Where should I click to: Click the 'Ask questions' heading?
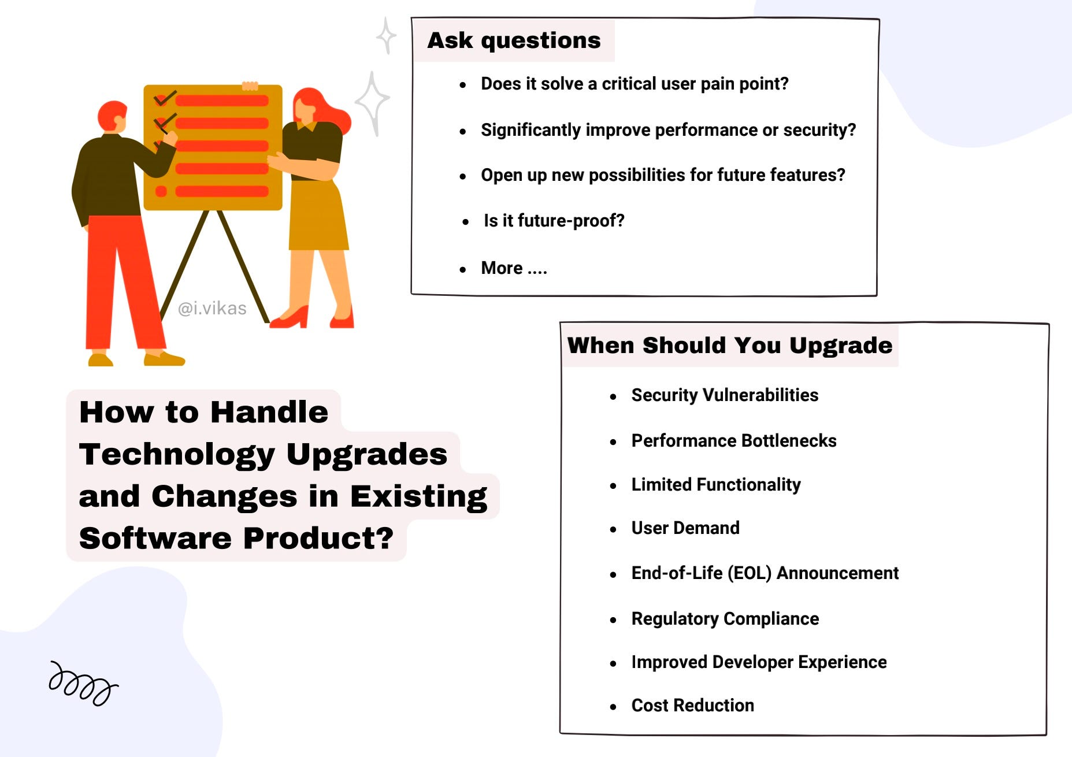point(514,40)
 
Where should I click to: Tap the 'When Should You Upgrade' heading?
point(730,345)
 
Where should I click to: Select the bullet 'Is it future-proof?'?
point(554,220)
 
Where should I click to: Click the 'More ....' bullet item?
point(514,268)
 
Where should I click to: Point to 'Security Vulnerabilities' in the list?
point(725,395)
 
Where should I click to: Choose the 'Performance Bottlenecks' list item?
point(734,440)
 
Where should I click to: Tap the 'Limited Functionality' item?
point(716,484)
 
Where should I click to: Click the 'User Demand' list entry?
point(685,528)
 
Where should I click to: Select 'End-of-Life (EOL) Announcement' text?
point(765,573)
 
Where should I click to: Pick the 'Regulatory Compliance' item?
point(725,618)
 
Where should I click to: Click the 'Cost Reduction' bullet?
point(693,705)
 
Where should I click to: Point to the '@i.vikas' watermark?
point(212,309)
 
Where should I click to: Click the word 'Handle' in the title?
point(269,412)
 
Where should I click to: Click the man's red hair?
point(111,114)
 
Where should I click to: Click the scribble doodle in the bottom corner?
point(83,684)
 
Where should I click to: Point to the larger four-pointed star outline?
point(373,103)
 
